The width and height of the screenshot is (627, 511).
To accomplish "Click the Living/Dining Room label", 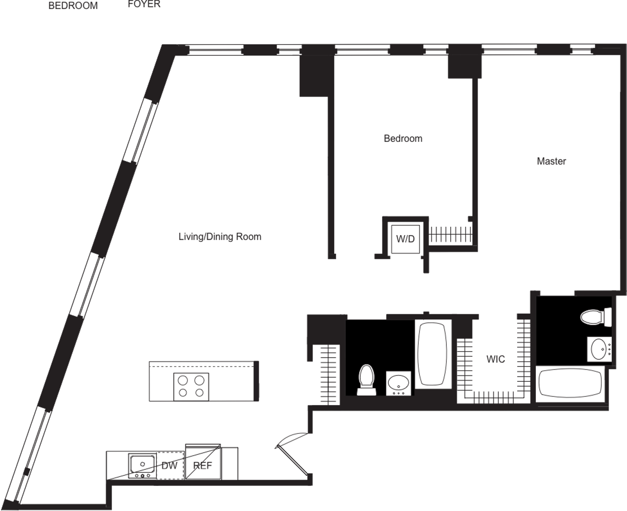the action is [x=219, y=237].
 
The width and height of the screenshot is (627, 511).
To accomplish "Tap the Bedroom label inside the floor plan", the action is [x=403, y=139].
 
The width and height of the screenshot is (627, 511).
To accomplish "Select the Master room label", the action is [x=551, y=161].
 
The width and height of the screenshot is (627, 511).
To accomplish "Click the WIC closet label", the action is [x=496, y=359].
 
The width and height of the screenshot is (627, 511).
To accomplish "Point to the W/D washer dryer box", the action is [x=405, y=238].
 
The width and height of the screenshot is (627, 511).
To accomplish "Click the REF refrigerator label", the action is [x=203, y=466].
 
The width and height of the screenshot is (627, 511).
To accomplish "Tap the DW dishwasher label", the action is [x=169, y=466].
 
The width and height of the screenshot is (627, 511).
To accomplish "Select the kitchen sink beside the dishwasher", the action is [x=142, y=464].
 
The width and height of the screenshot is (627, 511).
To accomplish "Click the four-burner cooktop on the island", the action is [x=192, y=386].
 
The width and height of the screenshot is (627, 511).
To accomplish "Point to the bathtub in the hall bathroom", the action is [x=432, y=353].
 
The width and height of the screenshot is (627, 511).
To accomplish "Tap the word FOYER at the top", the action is [x=144, y=4].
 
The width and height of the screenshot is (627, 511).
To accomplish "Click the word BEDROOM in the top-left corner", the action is [x=73, y=6].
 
